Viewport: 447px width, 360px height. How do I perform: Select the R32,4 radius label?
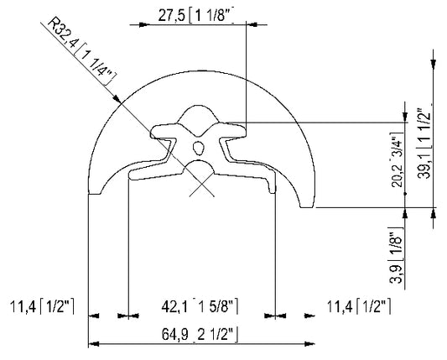click(62, 33)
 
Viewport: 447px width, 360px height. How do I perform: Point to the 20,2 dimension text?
click(398, 174)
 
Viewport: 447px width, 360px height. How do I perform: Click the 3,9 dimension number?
click(396, 274)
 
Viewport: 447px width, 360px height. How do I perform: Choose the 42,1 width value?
click(174, 307)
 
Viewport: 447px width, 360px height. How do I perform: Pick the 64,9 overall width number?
click(174, 334)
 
